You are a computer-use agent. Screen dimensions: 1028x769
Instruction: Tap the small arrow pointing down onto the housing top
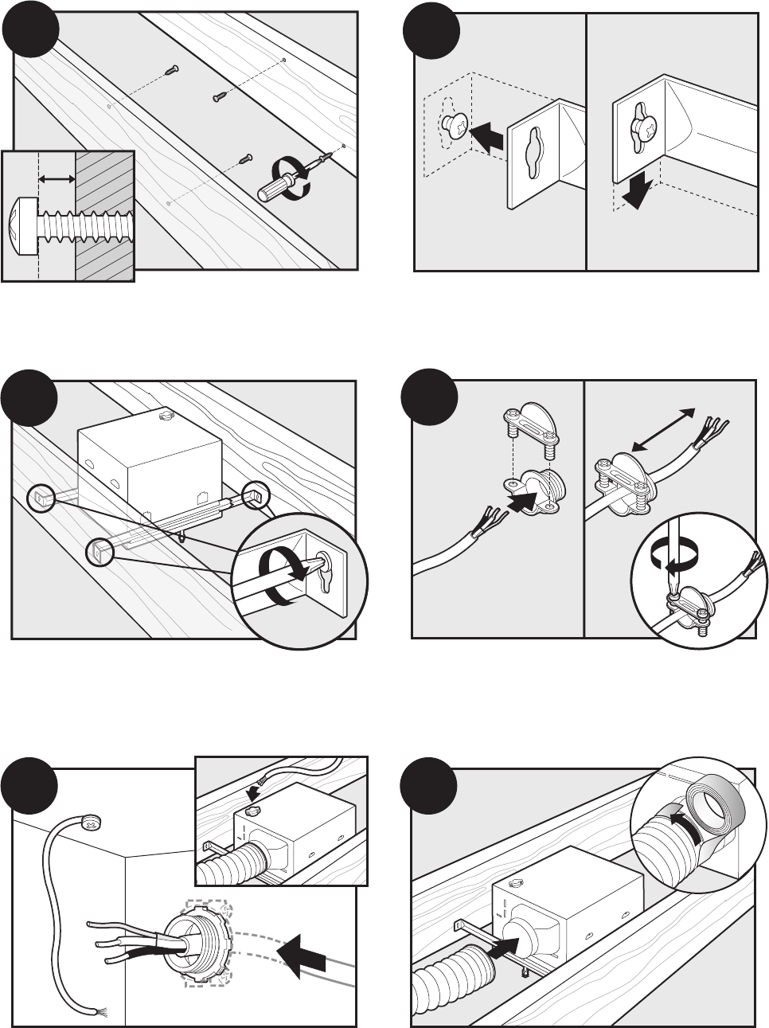(x=253, y=792)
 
